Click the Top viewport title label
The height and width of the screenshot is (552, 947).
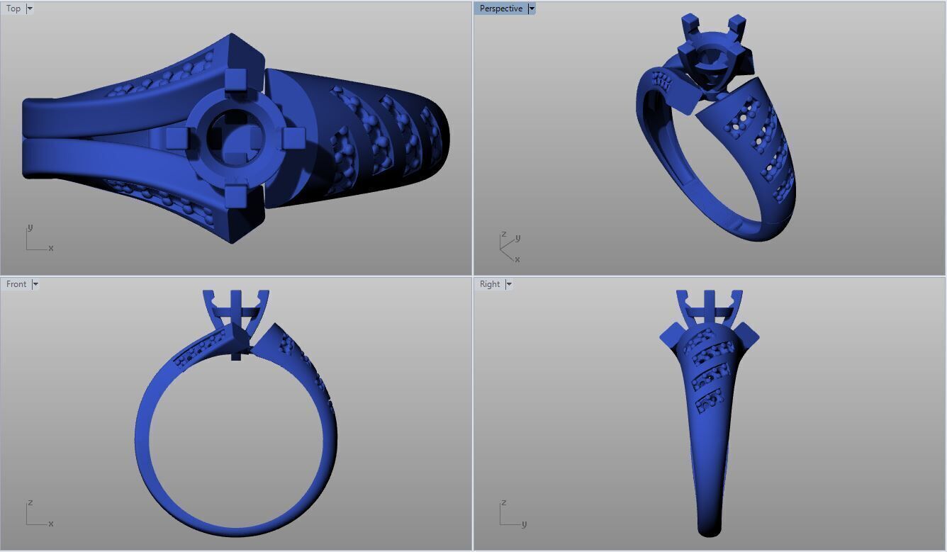pyautogui.click(x=13, y=9)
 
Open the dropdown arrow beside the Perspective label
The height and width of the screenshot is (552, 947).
pyautogui.click(x=532, y=9)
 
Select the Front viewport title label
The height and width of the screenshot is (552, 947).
pyautogui.click(x=16, y=284)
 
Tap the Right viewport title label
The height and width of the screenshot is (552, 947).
pyautogui.click(x=490, y=284)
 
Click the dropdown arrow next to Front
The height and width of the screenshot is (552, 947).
pyautogui.click(x=35, y=284)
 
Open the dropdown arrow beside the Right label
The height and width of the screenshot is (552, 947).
pyautogui.click(x=509, y=284)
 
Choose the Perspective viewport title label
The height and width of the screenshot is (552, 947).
pyautogui.click(x=500, y=9)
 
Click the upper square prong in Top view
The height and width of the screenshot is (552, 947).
pyautogui.click(x=235, y=80)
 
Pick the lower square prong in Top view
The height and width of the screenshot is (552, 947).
pyautogui.click(x=235, y=195)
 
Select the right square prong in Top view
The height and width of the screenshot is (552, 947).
pyautogui.click(x=293, y=137)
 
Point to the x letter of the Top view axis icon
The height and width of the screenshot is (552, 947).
pyautogui.click(x=51, y=248)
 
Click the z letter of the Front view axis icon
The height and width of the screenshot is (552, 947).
pyautogui.click(x=30, y=502)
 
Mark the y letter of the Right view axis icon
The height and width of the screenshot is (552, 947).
pyautogui.click(x=524, y=524)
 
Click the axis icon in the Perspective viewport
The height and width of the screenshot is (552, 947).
pyautogui.click(x=508, y=246)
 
